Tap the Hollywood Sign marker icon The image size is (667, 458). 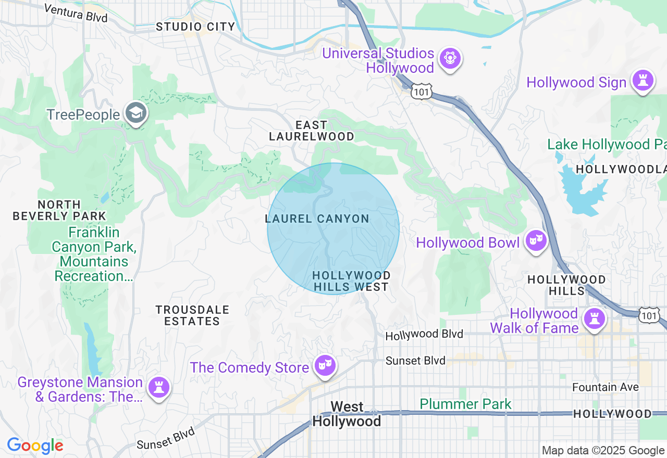[643, 81]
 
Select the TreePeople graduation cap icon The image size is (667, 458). [137, 113]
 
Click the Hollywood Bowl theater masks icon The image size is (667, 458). [535, 241]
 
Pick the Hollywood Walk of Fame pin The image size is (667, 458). [594, 319]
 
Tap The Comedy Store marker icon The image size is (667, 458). [325, 366]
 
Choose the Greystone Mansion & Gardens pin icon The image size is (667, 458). [158, 388]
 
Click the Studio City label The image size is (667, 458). [195, 27]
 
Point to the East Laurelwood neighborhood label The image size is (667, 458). [312, 131]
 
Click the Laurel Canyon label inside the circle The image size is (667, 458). [317, 219]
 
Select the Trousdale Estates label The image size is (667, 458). [192, 315]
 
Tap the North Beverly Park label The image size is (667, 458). [59, 210]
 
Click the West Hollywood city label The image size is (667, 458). [347, 414]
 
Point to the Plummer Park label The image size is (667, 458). [465, 404]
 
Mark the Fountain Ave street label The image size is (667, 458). [605, 387]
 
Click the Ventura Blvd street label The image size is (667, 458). [76, 12]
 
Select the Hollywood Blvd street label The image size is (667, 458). [424, 335]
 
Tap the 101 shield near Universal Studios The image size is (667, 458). [420, 91]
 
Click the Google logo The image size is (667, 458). [35, 446]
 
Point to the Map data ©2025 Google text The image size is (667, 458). [603, 450]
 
